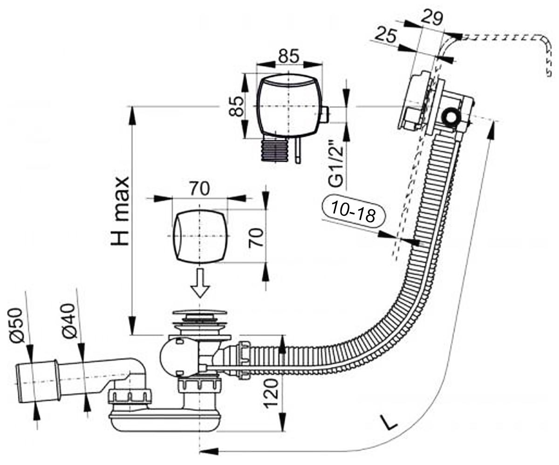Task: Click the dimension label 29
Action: click(432, 18)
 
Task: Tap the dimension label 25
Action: click(386, 35)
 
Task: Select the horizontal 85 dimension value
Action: click(289, 56)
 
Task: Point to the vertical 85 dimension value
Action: click(236, 106)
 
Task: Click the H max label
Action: click(120, 211)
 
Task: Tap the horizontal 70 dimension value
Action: click(200, 189)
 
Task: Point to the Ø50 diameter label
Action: click(16, 325)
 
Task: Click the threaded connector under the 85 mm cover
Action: click(274, 151)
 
